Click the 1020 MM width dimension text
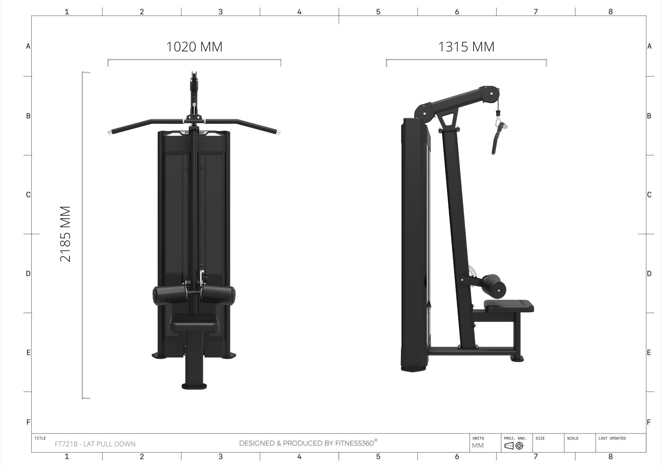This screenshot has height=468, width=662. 194,47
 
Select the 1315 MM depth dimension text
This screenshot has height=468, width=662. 466,47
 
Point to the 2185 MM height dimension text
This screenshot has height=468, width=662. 65,234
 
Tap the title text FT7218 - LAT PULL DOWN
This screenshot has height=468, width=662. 95,444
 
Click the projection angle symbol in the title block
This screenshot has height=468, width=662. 514,446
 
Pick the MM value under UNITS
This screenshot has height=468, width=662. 478,446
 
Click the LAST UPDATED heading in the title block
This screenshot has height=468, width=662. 612,438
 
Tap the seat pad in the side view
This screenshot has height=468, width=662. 509,305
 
